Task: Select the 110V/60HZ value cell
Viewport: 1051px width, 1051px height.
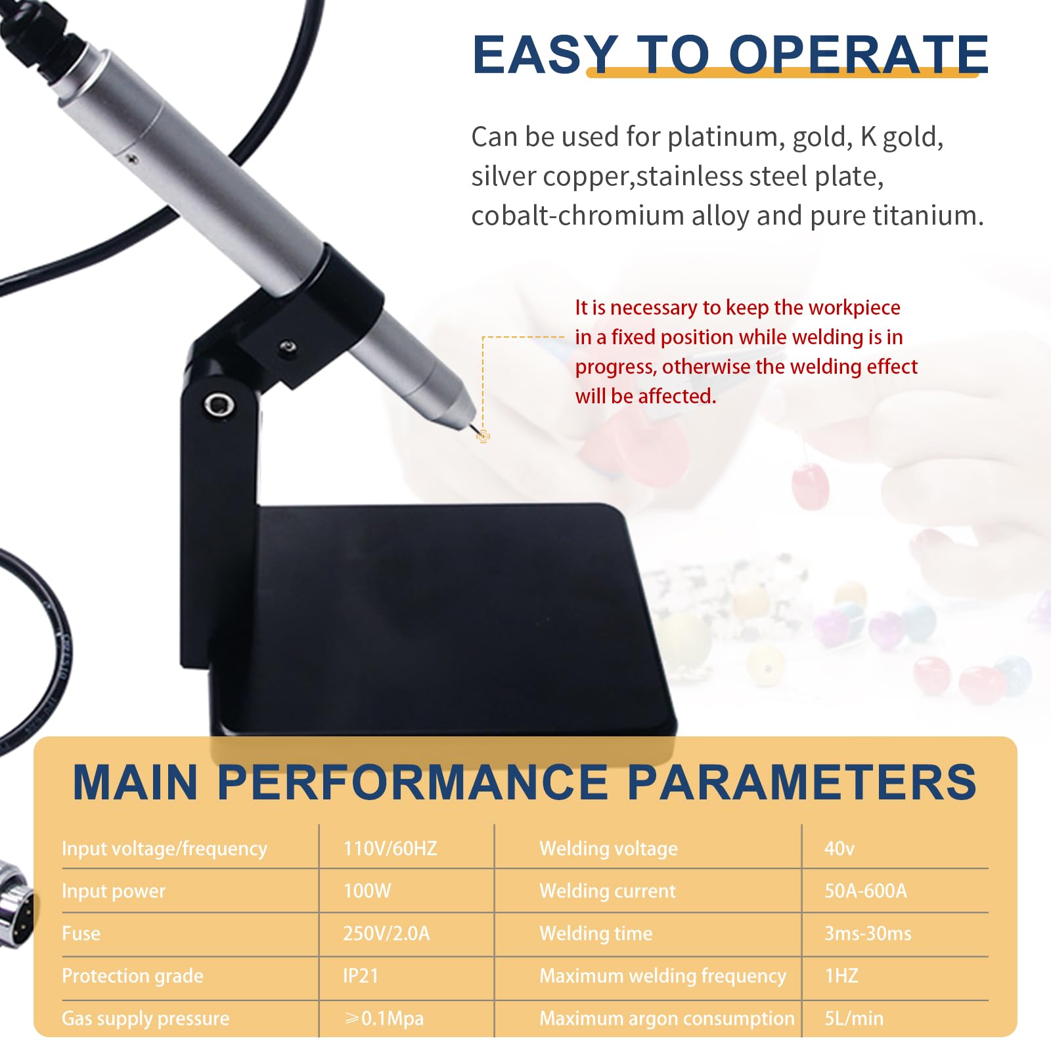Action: (390, 848)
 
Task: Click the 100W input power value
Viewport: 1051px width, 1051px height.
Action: (367, 891)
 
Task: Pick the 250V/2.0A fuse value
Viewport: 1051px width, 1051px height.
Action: (386, 933)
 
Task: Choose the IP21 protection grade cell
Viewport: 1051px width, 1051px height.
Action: (361, 975)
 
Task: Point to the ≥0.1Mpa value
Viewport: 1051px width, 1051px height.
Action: (384, 1018)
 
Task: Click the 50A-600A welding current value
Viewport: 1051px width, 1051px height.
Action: (866, 891)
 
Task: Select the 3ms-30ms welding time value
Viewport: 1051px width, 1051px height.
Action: (868, 933)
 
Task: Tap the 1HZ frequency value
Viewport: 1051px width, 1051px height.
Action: (841, 975)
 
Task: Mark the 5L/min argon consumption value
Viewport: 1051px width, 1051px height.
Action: (854, 1018)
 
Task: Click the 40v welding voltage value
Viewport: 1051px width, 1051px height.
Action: (839, 848)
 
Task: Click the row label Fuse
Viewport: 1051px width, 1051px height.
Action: (81, 933)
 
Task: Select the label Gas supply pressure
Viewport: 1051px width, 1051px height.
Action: (146, 1018)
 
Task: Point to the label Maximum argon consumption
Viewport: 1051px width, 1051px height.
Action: (667, 1018)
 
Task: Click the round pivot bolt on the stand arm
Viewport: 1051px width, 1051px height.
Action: (219, 404)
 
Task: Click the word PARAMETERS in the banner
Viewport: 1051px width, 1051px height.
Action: (802, 782)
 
